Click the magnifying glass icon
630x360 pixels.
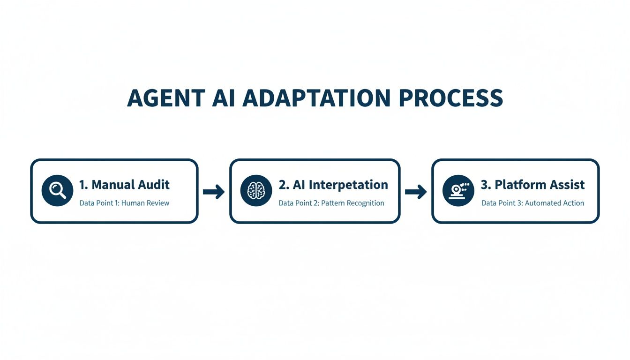pyautogui.click(x=57, y=191)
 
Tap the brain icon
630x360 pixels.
pyautogui.click(x=256, y=191)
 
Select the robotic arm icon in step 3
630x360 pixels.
pyautogui.click(x=458, y=191)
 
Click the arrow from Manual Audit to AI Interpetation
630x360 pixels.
pyautogui.click(x=214, y=191)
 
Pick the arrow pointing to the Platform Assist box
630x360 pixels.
pyautogui.click(x=416, y=191)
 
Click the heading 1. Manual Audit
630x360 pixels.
pyautogui.click(x=124, y=185)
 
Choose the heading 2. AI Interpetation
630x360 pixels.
pyautogui.click(x=333, y=185)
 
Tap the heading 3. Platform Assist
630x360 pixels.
pyautogui.click(x=532, y=185)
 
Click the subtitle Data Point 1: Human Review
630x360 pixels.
pyautogui.click(x=124, y=203)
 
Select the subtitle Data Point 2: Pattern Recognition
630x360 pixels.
pyautogui.click(x=331, y=203)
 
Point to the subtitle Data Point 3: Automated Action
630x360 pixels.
pyautogui.click(x=532, y=203)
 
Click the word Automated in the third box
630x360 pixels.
pyautogui.click(x=541, y=203)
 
